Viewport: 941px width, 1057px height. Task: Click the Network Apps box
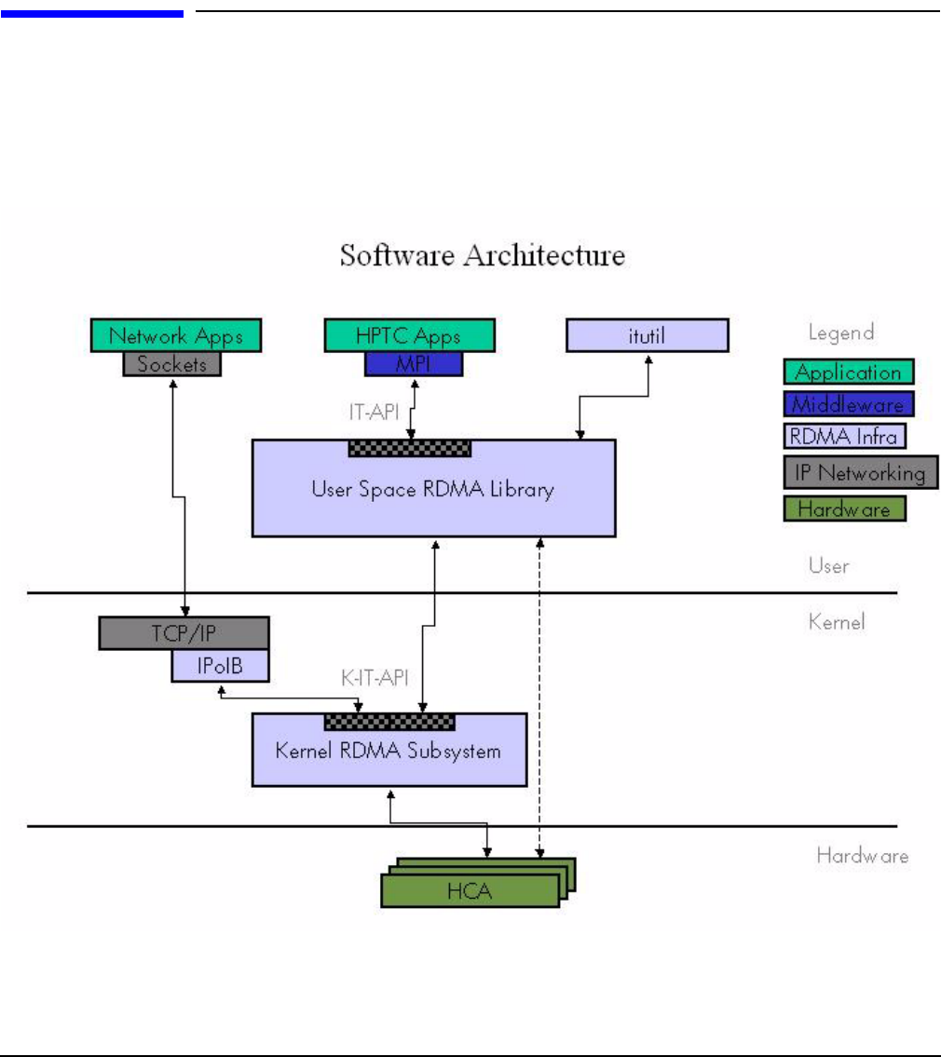[x=176, y=335]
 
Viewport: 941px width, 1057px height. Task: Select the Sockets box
[x=172, y=364]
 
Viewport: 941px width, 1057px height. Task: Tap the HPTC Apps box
[x=409, y=335]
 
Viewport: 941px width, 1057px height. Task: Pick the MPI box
[x=413, y=364]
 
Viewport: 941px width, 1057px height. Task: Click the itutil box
[x=647, y=335]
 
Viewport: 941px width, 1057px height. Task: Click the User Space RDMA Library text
[x=432, y=489]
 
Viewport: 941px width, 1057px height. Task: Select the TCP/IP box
[x=184, y=633]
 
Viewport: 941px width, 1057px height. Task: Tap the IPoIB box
[x=220, y=665]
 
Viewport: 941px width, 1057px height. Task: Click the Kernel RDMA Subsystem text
[x=389, y=750]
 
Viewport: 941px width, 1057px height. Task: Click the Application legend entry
[x=849, y=373]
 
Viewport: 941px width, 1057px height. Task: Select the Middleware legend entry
[x=849, y=404]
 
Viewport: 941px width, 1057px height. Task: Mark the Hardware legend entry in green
[x=845, y=508]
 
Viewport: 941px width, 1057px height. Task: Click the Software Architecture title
[x=482, y=254]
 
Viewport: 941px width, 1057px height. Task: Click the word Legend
[x=841, y=332]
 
